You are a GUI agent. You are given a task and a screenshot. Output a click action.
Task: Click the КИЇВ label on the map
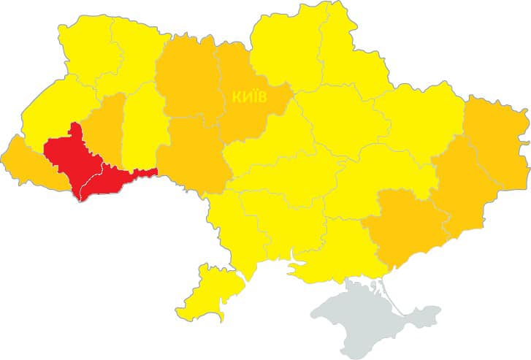point(250,96)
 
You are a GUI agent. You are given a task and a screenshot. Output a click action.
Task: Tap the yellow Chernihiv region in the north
point(285,44)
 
